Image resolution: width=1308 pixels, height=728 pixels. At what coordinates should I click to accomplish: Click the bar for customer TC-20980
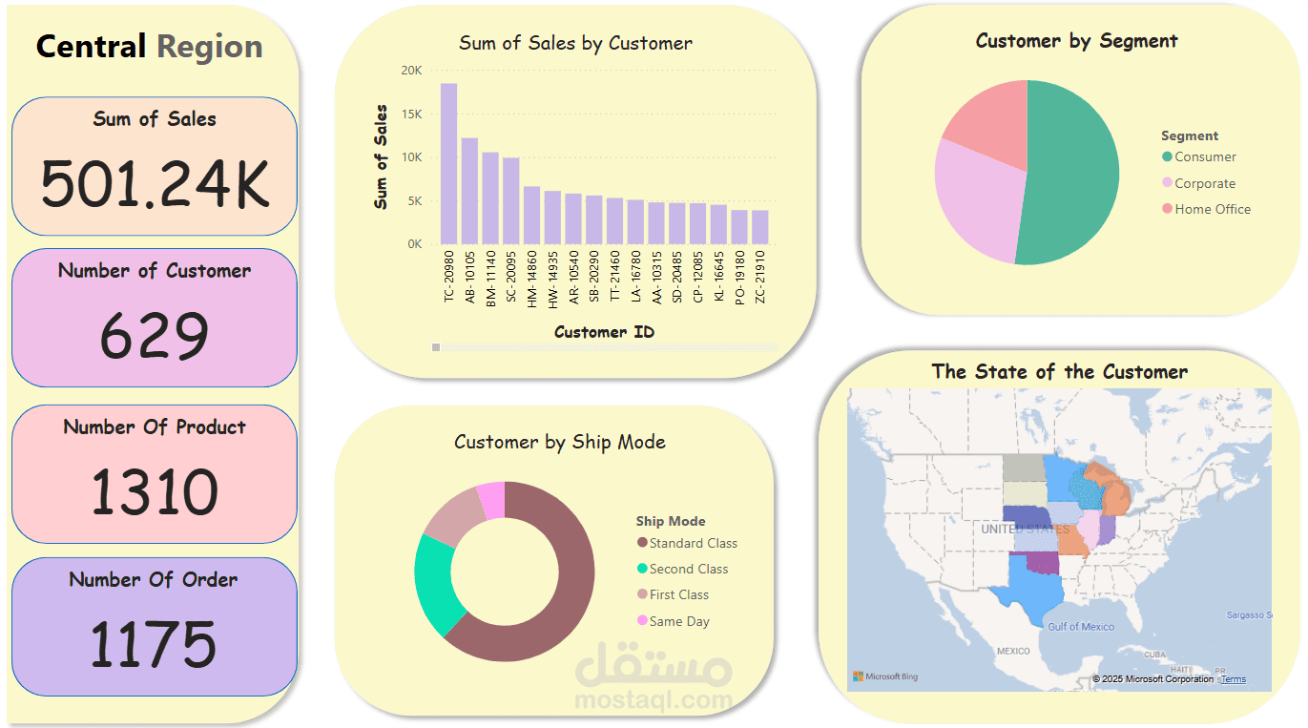[x=448, y=164]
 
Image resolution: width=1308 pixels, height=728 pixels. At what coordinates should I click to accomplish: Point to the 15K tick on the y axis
[x=411, y=114]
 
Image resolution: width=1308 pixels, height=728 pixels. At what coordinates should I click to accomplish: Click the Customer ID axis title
[x=604, y=332]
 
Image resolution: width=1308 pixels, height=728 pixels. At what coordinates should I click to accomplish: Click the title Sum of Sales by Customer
[x=575, y=43]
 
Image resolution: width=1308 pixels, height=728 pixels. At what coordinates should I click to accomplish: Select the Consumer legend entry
[x=1204, y=157]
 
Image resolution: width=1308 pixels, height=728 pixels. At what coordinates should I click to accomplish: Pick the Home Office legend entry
[x=1212, y=210]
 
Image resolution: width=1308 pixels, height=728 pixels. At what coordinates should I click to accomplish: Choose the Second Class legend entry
[x=688, y=570]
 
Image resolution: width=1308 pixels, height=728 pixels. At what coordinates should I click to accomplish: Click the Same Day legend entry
[x=678, y=622]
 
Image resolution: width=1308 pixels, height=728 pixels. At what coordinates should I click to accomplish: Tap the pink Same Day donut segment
[x=491, y=500]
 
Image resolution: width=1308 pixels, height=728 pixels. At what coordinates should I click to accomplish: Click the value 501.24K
[x=155, y=184]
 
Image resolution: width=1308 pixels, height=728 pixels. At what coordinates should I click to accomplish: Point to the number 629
[x=154, y=336]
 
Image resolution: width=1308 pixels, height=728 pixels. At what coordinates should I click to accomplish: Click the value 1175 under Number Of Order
[x=154, y=644]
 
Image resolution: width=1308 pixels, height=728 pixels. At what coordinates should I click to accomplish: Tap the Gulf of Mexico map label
[x=1080, y=627]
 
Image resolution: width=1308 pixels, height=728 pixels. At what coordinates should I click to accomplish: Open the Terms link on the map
[x=1233, y=679]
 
